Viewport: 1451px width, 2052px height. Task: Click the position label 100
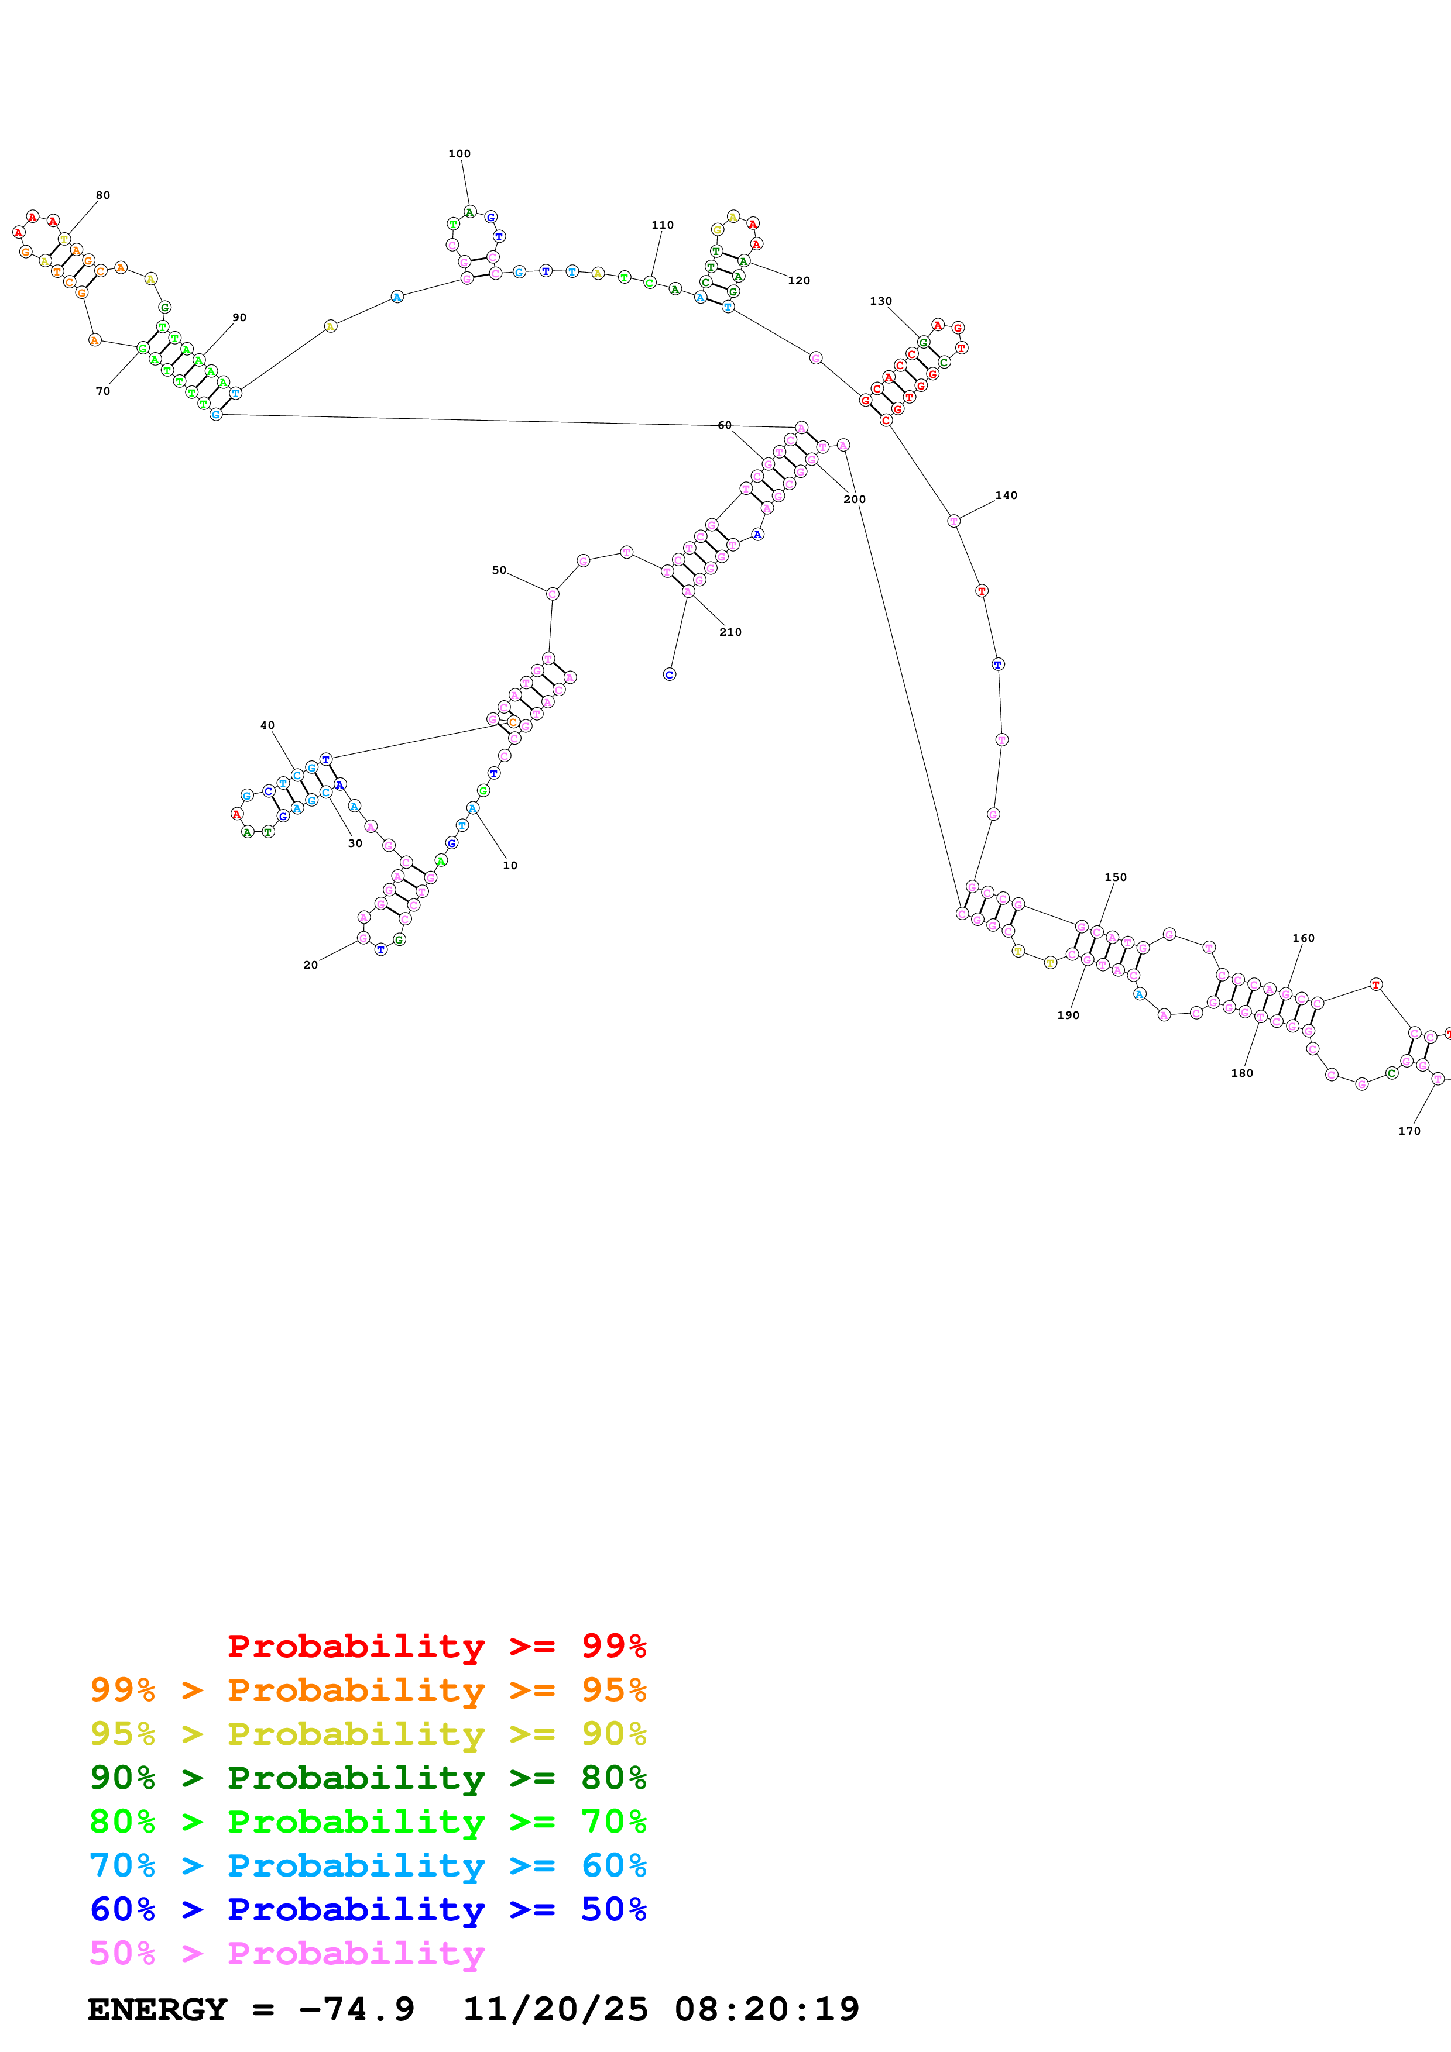pos(459,154)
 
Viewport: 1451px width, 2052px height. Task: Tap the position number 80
pos(103,195)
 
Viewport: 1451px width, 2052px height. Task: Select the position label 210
pos(730,632)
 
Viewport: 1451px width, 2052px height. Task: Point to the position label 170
pos(1409,1131)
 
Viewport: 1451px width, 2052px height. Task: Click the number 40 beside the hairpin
pos(267,725)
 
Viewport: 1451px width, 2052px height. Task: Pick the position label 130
pos(881,301)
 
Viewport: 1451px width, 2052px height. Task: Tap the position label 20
pos(310,965)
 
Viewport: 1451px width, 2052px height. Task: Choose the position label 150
pos(1116,877)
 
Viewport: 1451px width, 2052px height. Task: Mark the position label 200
pos(855,499)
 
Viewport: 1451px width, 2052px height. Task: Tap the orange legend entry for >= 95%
pos(368,1689)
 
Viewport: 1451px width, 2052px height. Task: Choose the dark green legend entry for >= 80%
pos(368,1778)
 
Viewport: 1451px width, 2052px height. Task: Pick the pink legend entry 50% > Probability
pos(288,1953)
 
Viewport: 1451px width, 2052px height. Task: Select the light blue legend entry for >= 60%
pos(368,1865)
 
